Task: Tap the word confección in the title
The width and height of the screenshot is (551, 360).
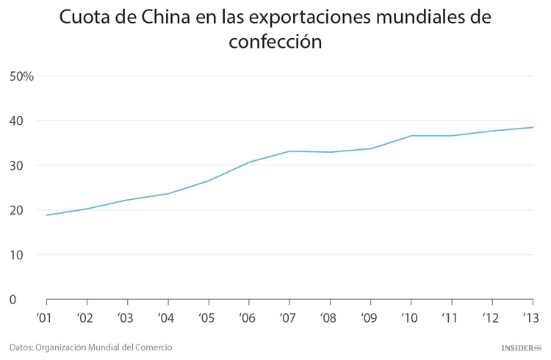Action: coord(275,42)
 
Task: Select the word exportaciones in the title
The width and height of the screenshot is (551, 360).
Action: coord(313,17)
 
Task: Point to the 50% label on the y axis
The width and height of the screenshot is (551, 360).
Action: coord(22,76)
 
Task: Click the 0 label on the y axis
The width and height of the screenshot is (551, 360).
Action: coord(13,300)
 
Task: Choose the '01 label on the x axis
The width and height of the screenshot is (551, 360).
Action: coord(46,319)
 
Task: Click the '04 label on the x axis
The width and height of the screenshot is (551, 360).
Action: coord(168,319)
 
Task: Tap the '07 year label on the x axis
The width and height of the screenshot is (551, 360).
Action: coord(289,319)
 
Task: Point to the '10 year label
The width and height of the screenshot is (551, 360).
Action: coord(411,319)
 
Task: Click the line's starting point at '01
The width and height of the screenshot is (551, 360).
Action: coord(46,215)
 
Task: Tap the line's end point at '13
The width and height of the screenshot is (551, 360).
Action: coord(533,127)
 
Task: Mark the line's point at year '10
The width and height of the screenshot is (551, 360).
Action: coord(411,135)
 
